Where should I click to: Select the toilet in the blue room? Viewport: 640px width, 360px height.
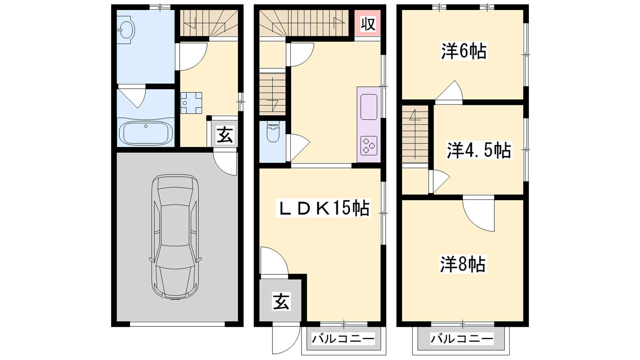click(x=273, y=132)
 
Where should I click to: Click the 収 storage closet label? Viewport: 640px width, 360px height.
click(x=368, y=24)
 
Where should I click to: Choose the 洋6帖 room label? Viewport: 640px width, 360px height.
click(x=464, y=51)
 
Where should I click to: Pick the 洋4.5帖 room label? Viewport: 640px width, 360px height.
click(x=479, y=150)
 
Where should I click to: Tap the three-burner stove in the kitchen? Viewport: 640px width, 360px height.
click(x=369, y=146)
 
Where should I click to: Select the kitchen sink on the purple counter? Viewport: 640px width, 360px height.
click(x=369, y=107)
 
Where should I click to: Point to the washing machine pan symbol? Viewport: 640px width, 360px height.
click(x=191, y=103)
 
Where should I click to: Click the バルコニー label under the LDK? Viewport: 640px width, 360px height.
click(x=343, y=339)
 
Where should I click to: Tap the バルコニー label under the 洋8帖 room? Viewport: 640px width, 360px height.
click(x=462, y=339)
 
